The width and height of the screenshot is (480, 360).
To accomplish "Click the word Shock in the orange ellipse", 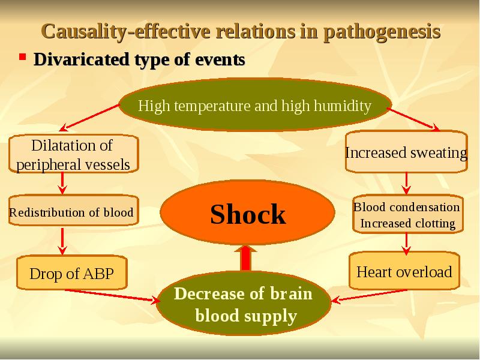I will click(x=248, y=214).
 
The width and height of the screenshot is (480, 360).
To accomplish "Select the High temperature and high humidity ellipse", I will click(x=255, y=107).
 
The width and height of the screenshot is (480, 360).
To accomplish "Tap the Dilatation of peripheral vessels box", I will click(x=73, y=154).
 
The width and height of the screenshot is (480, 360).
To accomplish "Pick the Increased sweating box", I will click(x=406, y=152).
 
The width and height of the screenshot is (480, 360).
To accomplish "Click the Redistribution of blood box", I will click(x=71, y=212).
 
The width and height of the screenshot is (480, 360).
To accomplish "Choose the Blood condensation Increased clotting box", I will click(x=407, y=215).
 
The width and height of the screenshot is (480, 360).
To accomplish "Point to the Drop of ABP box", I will click(x=71, y=274).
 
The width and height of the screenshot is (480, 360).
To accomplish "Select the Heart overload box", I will click(x=404, y=272).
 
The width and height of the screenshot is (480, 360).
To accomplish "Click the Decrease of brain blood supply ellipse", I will click(x=244, y=305).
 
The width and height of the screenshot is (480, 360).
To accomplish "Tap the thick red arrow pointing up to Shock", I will click(x=245, y=258).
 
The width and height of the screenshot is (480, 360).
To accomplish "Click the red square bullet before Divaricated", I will click(x=22, y=58).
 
